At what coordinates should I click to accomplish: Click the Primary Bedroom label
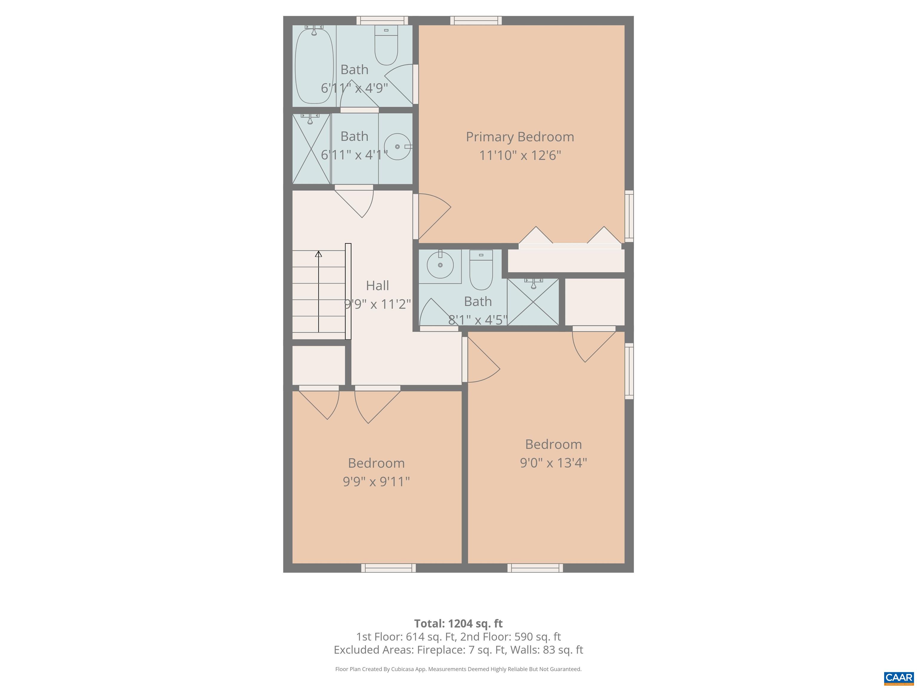pos(520,137)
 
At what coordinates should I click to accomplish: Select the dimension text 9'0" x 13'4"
pos(553,462)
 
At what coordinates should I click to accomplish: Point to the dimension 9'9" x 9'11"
pos(376,481)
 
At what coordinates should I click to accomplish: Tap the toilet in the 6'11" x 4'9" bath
pos(386,45)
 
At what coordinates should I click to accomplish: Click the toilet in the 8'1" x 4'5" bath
pos(481,270)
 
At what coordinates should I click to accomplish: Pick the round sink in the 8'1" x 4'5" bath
pos(440,264)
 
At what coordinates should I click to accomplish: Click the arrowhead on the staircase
pos(319,254)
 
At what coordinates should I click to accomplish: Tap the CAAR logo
pos(899,678)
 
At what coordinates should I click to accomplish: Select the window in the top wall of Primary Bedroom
pos(476,21)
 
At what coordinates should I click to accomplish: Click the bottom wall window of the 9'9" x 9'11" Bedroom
pos(388,568)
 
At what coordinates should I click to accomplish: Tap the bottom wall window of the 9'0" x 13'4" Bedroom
pos(535,568)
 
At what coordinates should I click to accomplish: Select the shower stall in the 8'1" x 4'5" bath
pos(533,302)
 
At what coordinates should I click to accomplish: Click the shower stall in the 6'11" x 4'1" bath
pos(311,148)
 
